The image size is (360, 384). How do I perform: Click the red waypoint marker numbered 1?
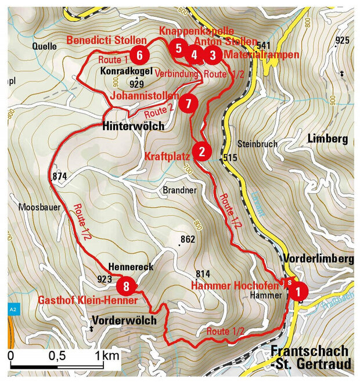tap(298, 290)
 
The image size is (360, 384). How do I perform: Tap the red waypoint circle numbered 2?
tap(201, 152)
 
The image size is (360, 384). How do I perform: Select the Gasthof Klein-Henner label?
tap(88, 300)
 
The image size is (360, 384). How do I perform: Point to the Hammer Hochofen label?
tap(235, 285)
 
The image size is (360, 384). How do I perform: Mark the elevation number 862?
tap(188, 239)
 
